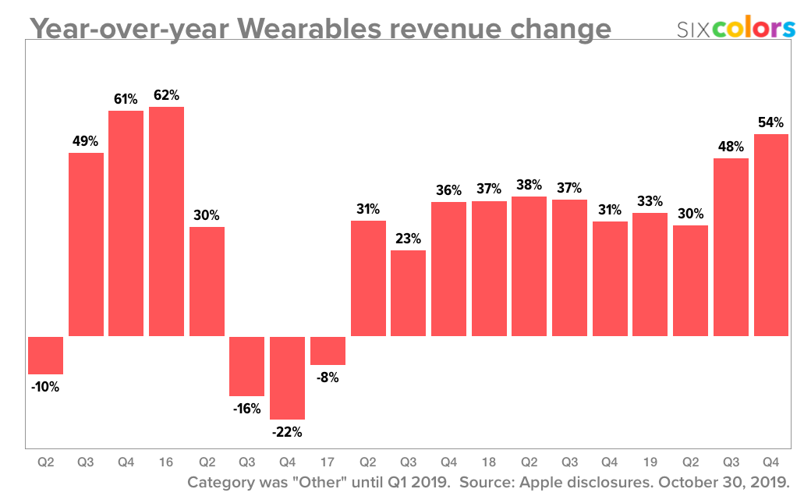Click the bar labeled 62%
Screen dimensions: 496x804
pos(166,221)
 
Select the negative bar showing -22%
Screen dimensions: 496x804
pos(287,378)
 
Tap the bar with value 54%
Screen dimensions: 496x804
pos(770,235)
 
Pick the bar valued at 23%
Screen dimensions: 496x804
pos(408,293)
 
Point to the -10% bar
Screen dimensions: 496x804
pos(45,356)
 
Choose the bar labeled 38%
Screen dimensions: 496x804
pos(529,266)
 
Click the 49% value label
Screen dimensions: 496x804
pos(86,141)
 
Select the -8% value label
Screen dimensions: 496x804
pos(328,377)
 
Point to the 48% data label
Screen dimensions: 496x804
pos(731,147)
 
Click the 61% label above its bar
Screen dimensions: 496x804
pos(126,99)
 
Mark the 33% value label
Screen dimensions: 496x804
pos(650,200)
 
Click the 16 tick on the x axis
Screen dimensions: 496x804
pos(166,462)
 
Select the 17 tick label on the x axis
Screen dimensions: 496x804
pos(328,462)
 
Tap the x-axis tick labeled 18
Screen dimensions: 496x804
pos(488,462)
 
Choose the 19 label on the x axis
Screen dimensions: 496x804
pos(650,462)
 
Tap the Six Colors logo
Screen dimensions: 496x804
pos(735,28)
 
